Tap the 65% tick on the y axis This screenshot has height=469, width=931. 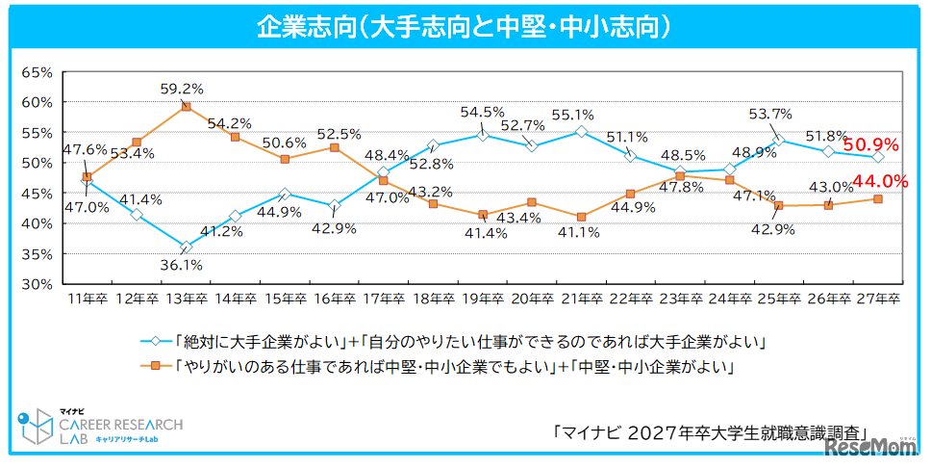point(37,72)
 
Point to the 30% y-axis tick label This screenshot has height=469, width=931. point(37,284)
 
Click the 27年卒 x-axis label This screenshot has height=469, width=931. point(876,300)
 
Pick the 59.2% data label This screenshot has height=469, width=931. point(186,89)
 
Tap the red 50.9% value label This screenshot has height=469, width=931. point(870,145)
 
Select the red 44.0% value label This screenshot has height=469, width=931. point(872,180)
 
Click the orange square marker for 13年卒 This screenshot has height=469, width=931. point(186,107)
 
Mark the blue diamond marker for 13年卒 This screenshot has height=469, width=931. point(186,248)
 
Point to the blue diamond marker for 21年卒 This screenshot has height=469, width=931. point(580,131)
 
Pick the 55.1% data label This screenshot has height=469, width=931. point(572,115)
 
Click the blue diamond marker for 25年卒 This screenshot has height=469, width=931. point(777,140)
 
